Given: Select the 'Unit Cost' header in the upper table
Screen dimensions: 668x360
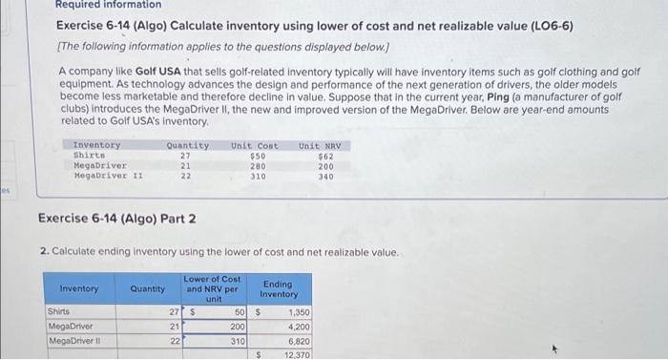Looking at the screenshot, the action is coord(255,145).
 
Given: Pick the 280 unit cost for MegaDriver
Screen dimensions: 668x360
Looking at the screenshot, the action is coord(257,166).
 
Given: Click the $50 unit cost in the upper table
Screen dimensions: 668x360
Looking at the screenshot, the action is coord(257,156).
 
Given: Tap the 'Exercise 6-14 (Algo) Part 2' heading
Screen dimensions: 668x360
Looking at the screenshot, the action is coord(117,219).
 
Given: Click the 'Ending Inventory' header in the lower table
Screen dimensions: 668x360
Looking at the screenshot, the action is coord(279,288).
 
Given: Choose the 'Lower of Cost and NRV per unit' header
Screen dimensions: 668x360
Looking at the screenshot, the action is coord(213,288).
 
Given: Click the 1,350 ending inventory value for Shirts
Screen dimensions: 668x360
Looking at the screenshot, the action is coord(298,312).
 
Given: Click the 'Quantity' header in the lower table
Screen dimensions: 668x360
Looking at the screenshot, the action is coord(147,288).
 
